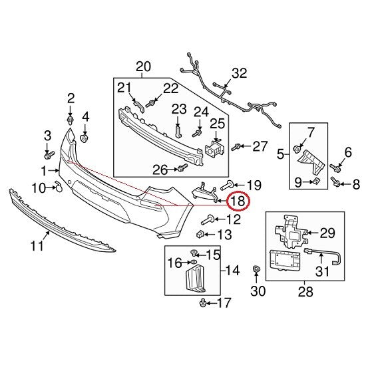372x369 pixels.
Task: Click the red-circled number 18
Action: tap(238, 201)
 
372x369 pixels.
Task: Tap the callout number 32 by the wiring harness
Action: tap(239, 73)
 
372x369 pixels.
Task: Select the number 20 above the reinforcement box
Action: tap(143, 66)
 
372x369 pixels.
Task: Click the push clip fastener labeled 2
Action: tap(70, 120)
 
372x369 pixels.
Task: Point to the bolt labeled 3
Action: tap(49, 155)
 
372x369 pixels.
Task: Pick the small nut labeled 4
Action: tap(85, 138)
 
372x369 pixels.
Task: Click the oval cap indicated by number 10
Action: tap(59, 186)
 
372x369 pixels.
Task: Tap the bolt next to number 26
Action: tap(182, 168)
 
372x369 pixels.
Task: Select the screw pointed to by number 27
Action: tap(236, 147)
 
